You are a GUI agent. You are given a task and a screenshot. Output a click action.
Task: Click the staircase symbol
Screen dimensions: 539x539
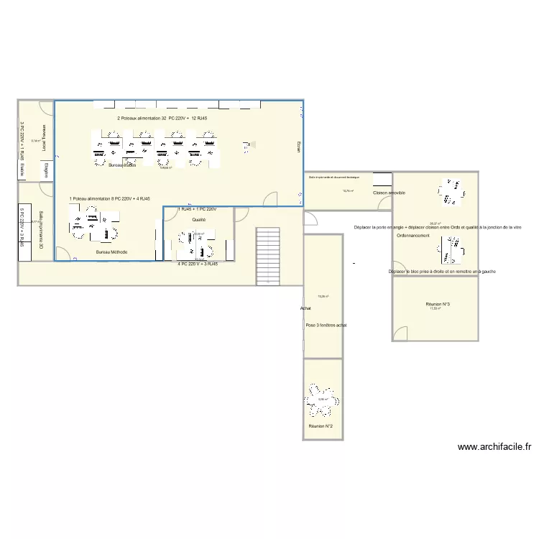[x=268, y=257]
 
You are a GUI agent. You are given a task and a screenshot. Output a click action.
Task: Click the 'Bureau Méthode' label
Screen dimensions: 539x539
[x=111, y=252]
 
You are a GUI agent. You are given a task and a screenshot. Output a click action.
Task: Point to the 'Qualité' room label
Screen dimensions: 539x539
[x=199, y=219]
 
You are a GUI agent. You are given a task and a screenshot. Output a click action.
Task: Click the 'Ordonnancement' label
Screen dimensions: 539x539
[x=413, y=235]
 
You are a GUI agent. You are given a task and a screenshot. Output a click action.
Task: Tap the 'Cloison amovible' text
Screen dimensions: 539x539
[x=389, y=193]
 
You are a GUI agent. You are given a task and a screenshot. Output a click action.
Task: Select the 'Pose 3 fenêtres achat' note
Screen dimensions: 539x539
[x=326, y=325]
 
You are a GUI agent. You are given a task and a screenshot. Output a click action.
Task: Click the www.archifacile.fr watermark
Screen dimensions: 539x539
[x=494, y=446]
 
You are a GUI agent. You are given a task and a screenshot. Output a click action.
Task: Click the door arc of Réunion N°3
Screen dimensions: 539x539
[x=400, y=332]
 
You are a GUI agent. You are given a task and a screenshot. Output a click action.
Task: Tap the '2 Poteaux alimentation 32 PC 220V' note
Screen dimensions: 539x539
[x=162, y=118]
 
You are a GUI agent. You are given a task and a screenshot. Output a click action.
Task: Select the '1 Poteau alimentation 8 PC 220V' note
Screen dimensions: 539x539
[x=110, y=198]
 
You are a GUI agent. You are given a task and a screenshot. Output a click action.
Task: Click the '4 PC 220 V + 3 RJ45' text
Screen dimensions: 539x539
[x=198, y=264]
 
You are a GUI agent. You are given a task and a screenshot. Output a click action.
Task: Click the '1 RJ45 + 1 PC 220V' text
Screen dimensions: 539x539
[x=197, y=208]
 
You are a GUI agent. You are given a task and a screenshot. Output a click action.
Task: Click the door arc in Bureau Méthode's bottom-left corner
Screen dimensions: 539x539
[x=63, y=254]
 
